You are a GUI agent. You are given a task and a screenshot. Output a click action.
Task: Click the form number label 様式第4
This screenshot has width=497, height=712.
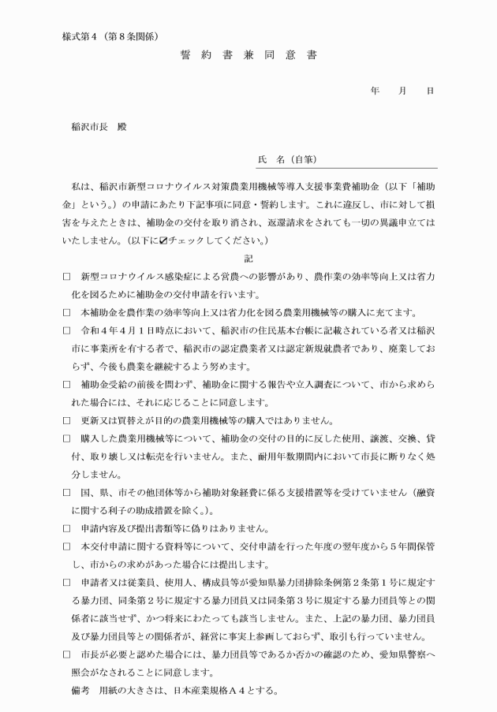pyautogui.click(x=86, y=36)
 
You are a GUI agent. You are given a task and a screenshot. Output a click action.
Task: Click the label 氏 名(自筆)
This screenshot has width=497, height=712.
pyautogui.click(x=287, y=160)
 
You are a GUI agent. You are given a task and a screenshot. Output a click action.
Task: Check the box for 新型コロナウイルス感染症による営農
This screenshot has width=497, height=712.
pyautogui.click(x=66, y=278)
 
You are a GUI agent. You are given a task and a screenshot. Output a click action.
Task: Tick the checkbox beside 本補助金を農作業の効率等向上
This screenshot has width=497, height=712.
pyautogui.click(x=66, y=313)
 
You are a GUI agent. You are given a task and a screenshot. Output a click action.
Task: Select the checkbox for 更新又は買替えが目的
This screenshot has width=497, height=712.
pyautogui.click(x=66, y=419)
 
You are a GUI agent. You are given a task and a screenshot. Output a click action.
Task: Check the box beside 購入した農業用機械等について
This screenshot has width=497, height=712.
pyautogui.click(x=66, y=437)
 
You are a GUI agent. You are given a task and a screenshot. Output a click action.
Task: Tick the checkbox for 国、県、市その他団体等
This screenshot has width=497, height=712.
pyautogui.click(x=66, y=490)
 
